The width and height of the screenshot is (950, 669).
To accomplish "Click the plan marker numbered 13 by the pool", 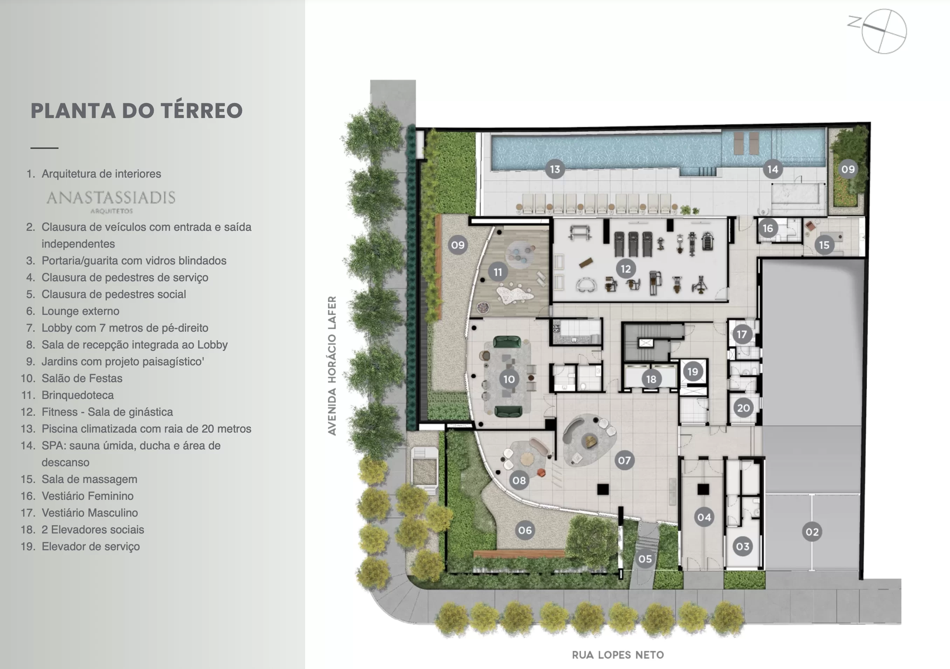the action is coord(555,169).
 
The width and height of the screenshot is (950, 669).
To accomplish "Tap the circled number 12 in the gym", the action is coord(626,269).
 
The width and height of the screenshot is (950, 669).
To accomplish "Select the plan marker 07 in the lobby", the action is coord(624,460).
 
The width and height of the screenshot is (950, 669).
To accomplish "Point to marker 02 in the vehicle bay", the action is coord(812,532).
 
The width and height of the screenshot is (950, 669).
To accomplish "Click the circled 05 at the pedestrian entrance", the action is coord(645,559).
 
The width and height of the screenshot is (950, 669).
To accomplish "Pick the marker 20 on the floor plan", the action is coord(743,408).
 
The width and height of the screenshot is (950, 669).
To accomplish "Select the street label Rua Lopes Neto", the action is coord(618,655).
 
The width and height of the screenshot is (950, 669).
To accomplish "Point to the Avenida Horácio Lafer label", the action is coord(332,365).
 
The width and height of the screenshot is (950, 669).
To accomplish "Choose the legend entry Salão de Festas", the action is coord(82,378).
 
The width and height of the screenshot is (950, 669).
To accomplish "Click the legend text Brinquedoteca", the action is coord(77,395).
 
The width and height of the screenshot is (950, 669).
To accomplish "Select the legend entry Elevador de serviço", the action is coord(91,546).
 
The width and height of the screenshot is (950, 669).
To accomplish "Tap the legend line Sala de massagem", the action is coord(89,479).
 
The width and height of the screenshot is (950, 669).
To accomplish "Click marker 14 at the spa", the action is coord(772,169).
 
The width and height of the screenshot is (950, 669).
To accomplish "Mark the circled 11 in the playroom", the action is coord(498,272).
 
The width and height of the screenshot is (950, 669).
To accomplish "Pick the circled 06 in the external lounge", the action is coord(525,530).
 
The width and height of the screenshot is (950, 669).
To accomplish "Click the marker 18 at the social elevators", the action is coord(651,379).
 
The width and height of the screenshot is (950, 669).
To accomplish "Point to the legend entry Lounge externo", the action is coord(80,311).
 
